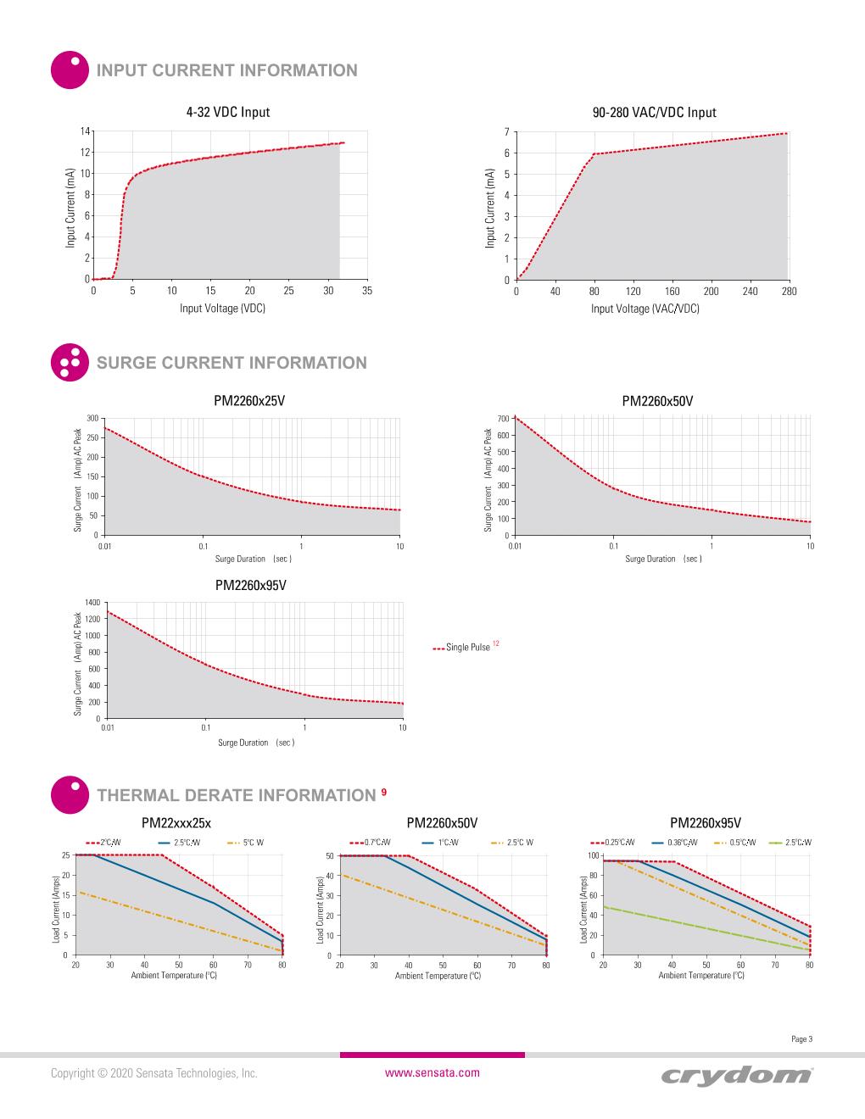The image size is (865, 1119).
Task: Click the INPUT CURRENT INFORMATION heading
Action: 227,70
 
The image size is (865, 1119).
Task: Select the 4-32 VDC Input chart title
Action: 228,112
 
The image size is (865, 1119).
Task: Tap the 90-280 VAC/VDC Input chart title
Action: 654,112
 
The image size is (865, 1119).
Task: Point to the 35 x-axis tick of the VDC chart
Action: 367,291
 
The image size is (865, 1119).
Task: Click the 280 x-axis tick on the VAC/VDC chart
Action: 789,292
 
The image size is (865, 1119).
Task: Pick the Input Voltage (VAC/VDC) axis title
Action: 645,309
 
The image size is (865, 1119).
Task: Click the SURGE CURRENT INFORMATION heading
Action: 232,363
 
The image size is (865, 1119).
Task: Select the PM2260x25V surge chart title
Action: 249,401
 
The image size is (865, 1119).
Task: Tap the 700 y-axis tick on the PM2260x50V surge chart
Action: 503,419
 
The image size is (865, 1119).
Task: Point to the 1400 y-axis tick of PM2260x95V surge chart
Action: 92,602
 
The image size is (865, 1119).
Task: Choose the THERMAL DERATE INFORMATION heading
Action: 236,795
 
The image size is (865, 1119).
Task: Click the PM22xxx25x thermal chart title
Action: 176,822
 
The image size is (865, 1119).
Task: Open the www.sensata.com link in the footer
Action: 432,1072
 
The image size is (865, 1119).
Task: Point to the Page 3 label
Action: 801,1039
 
